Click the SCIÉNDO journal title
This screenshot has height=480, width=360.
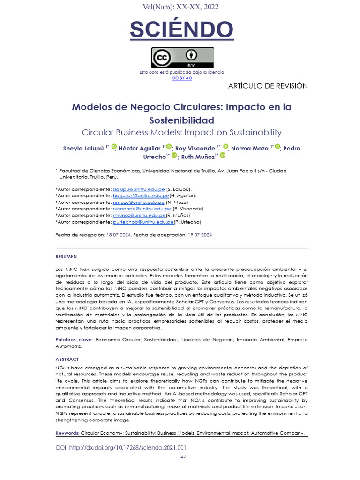coord(181,30)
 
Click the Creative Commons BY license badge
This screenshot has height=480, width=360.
coord(182,58)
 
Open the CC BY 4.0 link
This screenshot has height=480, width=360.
coord(181,78)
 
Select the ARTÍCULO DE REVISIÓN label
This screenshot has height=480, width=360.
coord(268,86)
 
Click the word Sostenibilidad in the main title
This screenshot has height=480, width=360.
coord(181,120)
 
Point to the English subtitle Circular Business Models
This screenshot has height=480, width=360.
coord(181,133)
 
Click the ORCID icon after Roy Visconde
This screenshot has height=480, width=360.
coord(225,147)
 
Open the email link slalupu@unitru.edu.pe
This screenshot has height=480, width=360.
coord(139,189)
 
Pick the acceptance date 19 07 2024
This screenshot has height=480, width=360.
coord(199,235)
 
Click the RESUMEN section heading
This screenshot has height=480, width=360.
coord(66,257)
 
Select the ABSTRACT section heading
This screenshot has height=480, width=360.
coord(67,360)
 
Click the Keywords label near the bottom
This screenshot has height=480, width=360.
coord(67,433)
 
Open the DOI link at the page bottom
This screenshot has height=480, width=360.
coord(121,448)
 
